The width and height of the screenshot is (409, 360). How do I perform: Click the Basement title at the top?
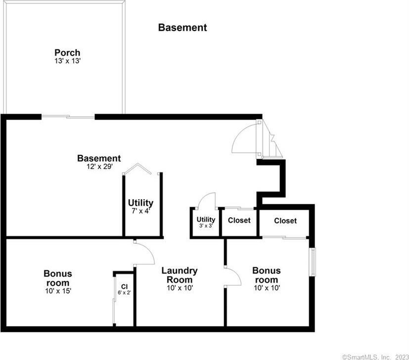[x=182, y=27]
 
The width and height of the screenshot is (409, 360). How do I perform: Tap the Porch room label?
[x=67, y=52]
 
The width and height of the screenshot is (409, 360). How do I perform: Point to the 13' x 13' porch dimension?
[x=67, y=61]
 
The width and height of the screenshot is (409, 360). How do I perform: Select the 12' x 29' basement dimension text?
[x=99, y=167]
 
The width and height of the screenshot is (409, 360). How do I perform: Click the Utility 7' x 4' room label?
[x=140, y=206]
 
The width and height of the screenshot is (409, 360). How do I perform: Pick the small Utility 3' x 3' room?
[x=206, y=222]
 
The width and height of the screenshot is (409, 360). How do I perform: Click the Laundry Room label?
[x=180, y=275]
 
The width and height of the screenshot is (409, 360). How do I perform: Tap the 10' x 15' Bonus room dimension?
[x=58, y=291]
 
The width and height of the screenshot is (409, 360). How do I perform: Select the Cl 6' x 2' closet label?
[x=124, y=290]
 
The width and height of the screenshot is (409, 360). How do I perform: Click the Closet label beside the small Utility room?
[x=239, y=220]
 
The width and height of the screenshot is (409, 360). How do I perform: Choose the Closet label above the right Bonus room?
[x=285, y=221]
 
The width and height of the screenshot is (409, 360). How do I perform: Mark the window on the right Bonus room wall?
[x=312, y=262]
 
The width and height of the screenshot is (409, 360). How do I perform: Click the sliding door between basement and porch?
[x=68, y=117]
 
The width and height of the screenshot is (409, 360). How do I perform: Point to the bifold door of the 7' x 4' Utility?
[x=137, y=168]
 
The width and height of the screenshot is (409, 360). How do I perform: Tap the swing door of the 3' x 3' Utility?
[x=207, y=201]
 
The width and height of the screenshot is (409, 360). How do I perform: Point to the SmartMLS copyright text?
[x=375, y=357]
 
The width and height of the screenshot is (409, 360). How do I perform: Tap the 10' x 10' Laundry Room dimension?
[x=180, y=288]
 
